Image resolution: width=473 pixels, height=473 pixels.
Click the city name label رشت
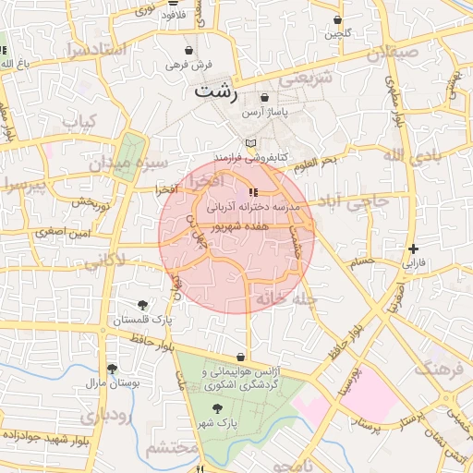(215, 91)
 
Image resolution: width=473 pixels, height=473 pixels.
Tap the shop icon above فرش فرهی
(189, 50)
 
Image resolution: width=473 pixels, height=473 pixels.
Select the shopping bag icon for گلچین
(338, 19)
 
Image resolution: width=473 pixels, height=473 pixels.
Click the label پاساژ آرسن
(265, 111)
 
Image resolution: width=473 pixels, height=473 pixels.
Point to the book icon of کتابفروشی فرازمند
(250, 143)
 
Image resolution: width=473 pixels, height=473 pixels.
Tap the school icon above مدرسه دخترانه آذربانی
(252, 192)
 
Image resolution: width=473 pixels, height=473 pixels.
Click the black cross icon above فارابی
(413, 248)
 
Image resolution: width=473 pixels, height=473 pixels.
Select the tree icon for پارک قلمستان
(142, 304)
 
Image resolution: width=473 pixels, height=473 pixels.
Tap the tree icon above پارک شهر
(216, 407)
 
